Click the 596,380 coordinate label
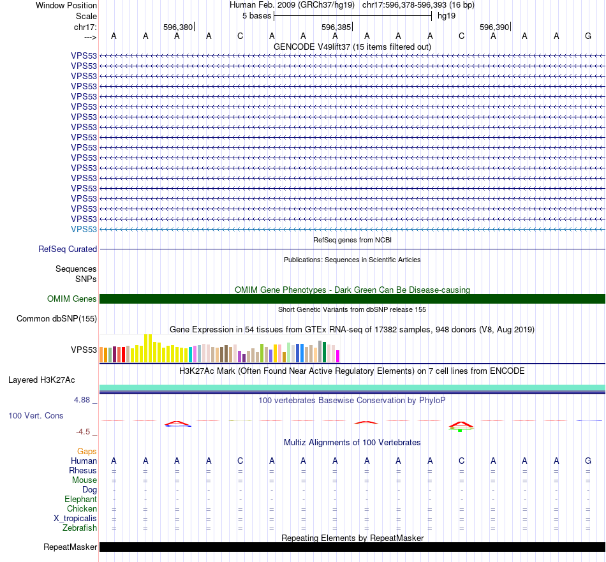pos(178,27)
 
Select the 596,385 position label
pos(336,27)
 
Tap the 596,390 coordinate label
pos(494,27)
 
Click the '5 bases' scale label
pos(256,15)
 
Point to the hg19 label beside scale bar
pos(447,15)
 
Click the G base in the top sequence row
pos(588,36)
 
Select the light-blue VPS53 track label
pos(84,229)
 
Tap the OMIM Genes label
pos(72,299)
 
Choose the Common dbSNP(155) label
pos(57,319)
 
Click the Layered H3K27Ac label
pos(41,380)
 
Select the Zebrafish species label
pos(80,528)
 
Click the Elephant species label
pos(80,499)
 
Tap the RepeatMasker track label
pos(70,547)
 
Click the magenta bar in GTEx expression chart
pos(338,356)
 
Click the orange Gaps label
pos(87,451)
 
